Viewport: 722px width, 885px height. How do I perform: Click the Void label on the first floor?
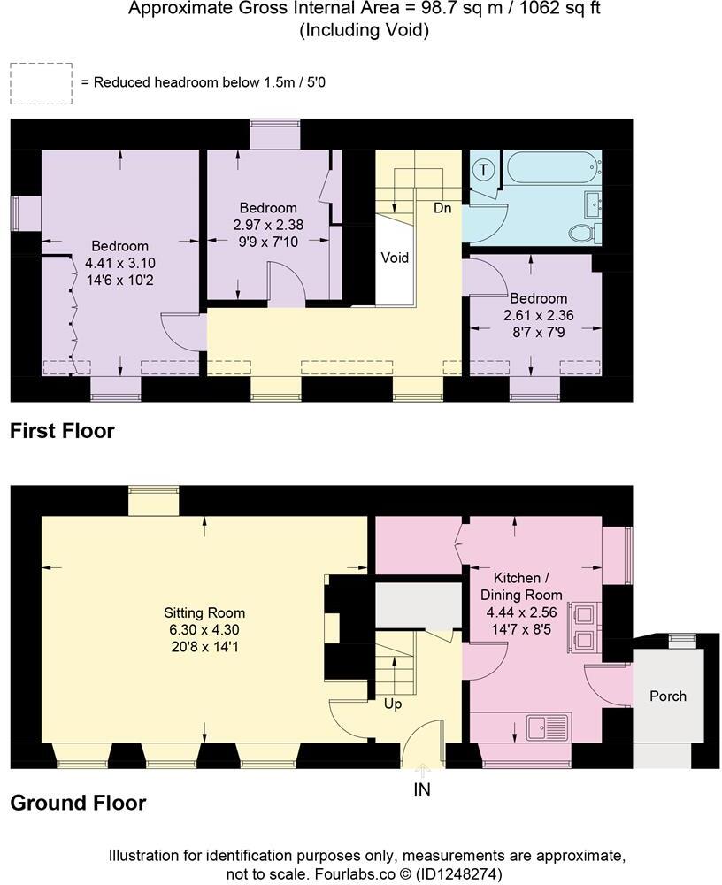coord(395,258)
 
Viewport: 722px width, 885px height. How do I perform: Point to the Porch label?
coord(668,696)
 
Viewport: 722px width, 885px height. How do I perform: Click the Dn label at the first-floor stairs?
coord(443,209)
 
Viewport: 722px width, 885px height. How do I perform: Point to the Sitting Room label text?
coord(204,612)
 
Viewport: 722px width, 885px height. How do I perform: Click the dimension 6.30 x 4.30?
coord(204,629)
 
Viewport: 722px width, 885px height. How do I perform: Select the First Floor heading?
coord(62,432)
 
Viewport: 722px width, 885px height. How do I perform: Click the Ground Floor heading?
coord(78,804)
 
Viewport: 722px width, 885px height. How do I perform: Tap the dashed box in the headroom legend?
coord(42,82)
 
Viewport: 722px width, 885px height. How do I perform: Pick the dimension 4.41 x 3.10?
coord(120,263)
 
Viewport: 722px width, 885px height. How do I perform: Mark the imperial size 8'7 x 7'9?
coord(536,332)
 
